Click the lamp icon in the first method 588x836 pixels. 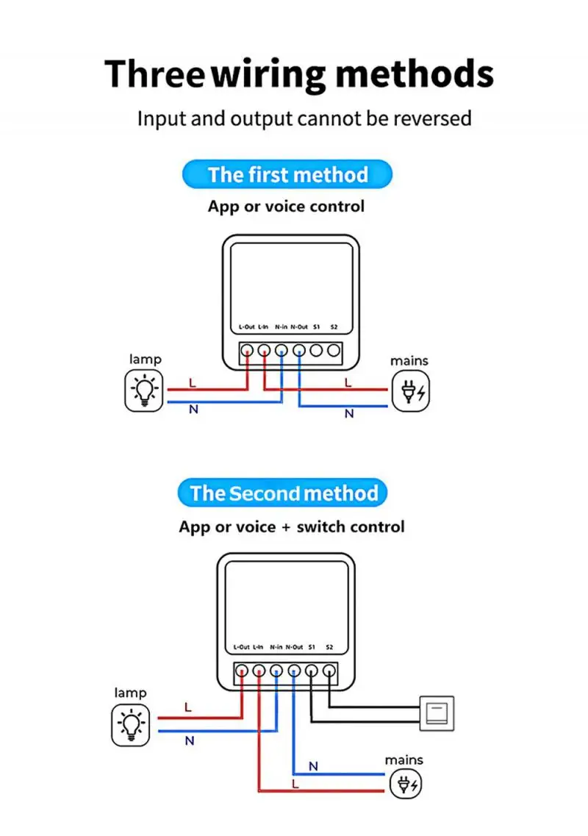point(143,390)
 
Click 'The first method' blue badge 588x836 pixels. point(287,175)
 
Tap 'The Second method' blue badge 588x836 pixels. point(283,493)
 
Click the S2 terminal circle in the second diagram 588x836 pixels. point(329,671)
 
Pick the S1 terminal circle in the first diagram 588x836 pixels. point(316,351)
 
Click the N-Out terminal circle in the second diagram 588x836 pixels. point(294,671)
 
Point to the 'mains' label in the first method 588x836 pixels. point(409,361)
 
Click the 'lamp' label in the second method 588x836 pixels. point(130,693)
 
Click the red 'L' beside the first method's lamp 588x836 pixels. point(193,383)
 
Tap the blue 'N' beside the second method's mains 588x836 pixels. point(313,766)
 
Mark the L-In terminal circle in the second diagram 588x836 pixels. point(259,671)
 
